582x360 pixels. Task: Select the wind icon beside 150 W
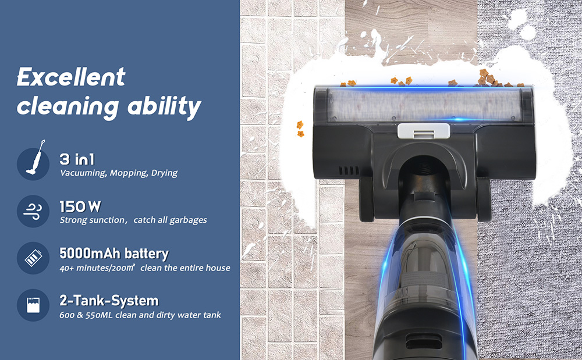click(33, 211)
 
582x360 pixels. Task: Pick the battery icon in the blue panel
click(33, 258)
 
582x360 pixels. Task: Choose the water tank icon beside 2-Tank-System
click(33, 305)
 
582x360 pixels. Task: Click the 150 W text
click(80, 207)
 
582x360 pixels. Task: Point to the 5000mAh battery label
click(114, 254)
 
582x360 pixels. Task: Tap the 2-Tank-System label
click(109, 301)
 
